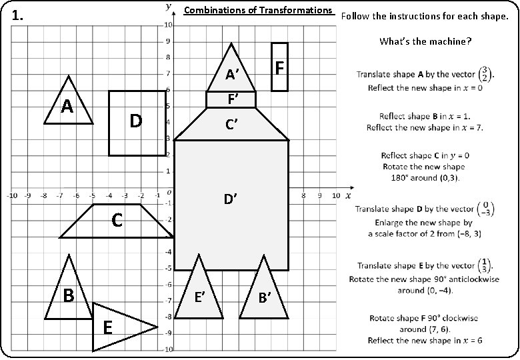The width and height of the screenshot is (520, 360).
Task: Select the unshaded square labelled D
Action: [137, 123]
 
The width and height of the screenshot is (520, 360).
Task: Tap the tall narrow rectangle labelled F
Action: [280, 67]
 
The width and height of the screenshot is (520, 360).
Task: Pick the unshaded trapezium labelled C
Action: [117, 221]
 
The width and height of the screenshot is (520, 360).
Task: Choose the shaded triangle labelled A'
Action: [231, 73]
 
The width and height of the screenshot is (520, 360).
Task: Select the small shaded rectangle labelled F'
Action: [231, 99]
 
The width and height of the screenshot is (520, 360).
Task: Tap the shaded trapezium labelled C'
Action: [231, 125]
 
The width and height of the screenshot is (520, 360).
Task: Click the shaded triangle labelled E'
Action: [198, 297]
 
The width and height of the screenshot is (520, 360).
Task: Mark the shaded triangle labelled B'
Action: [265, 297]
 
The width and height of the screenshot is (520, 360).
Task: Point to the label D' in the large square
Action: [231, 198]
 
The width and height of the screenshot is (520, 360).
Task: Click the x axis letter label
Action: [348, 195]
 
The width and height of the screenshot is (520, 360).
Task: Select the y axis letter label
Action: [168, 7]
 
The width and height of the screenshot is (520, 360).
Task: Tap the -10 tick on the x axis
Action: [11, 196]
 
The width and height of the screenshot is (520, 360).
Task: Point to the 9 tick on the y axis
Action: [168, 41]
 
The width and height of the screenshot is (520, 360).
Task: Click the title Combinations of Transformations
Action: [257, 10]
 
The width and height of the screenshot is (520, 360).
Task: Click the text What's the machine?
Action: [425, 41]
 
